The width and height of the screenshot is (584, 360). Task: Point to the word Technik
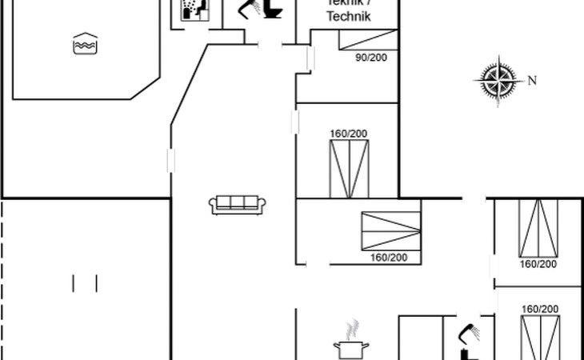coord(349,16)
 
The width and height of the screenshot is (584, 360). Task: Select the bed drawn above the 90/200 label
coord(367,39)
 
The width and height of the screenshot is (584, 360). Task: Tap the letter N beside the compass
coord(531,79)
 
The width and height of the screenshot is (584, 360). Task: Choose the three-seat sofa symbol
coord(237,204)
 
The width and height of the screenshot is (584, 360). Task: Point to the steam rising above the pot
coord(351,329)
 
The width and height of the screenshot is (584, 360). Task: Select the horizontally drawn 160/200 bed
coord(390,230)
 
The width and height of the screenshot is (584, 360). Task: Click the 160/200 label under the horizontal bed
coord(389,258)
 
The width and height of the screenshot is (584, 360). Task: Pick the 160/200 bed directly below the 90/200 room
coord(350,167)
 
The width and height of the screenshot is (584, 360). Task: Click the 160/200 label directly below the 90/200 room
coord(347,134)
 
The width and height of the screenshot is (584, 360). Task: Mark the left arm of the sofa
coord(213,206)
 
